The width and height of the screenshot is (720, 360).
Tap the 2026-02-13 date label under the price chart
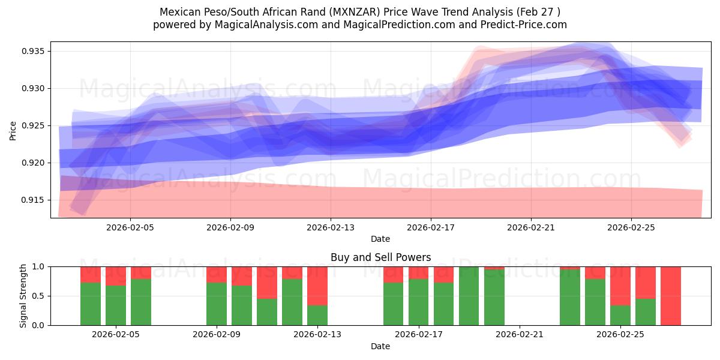tap(331, 228)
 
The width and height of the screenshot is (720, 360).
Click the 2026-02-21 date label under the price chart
tap(531, 228)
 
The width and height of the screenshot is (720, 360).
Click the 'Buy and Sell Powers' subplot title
tap(380, 257)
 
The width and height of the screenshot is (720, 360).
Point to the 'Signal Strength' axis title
tap(23, 296)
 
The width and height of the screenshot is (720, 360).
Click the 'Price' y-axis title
tap(13, 130)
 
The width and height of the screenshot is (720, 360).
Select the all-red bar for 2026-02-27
tap(671, 296)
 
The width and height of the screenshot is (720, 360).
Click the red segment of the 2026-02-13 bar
tap(317, 286)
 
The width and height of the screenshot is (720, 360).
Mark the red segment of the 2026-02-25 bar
tap(620, 286)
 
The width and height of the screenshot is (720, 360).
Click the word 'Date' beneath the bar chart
tap(380, 346)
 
